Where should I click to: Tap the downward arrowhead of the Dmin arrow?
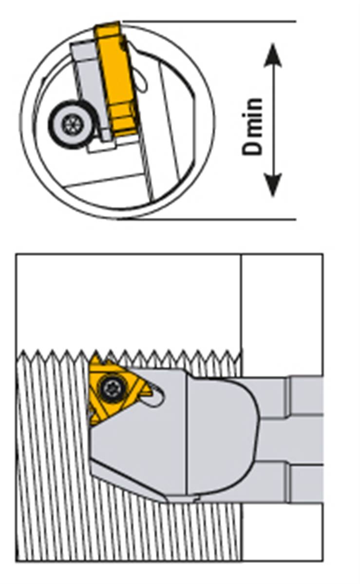[273, 188]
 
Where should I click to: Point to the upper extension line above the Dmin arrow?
[209, 21]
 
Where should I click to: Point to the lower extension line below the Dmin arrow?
[209, 219]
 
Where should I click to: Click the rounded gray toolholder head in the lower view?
[219, 434]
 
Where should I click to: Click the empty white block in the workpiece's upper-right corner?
[282, 312]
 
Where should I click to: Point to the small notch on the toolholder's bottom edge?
[197, 498]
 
